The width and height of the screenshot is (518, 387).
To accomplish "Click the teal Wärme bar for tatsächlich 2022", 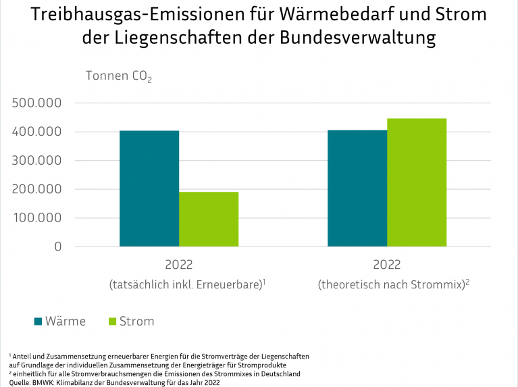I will point(149,188).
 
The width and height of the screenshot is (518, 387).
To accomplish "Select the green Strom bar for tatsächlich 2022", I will point(208,219).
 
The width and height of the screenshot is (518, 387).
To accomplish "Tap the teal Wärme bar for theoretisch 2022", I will point(357,188).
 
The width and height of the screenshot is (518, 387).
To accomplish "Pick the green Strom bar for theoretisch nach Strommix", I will point(416,182).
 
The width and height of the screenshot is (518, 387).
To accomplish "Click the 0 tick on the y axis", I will point(57,247).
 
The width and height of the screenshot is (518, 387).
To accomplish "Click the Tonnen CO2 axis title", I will point(118,76).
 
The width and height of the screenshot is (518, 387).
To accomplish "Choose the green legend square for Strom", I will point(112,321).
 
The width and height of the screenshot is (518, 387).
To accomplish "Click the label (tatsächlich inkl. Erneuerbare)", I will point(186,285).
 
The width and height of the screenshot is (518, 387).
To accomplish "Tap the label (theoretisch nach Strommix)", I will point(393,285).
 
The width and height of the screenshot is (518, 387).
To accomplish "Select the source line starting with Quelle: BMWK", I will point(115,382).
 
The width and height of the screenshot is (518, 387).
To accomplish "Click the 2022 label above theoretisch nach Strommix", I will point(386,265).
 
